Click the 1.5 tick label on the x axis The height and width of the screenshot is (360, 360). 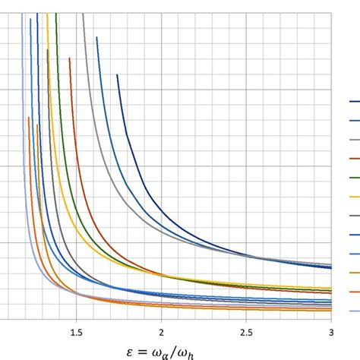77,333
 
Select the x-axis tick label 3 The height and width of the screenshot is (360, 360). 331,333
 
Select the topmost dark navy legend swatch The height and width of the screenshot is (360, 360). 354,101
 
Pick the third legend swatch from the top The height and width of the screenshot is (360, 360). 354,139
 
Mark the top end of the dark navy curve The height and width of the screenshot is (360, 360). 117,75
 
